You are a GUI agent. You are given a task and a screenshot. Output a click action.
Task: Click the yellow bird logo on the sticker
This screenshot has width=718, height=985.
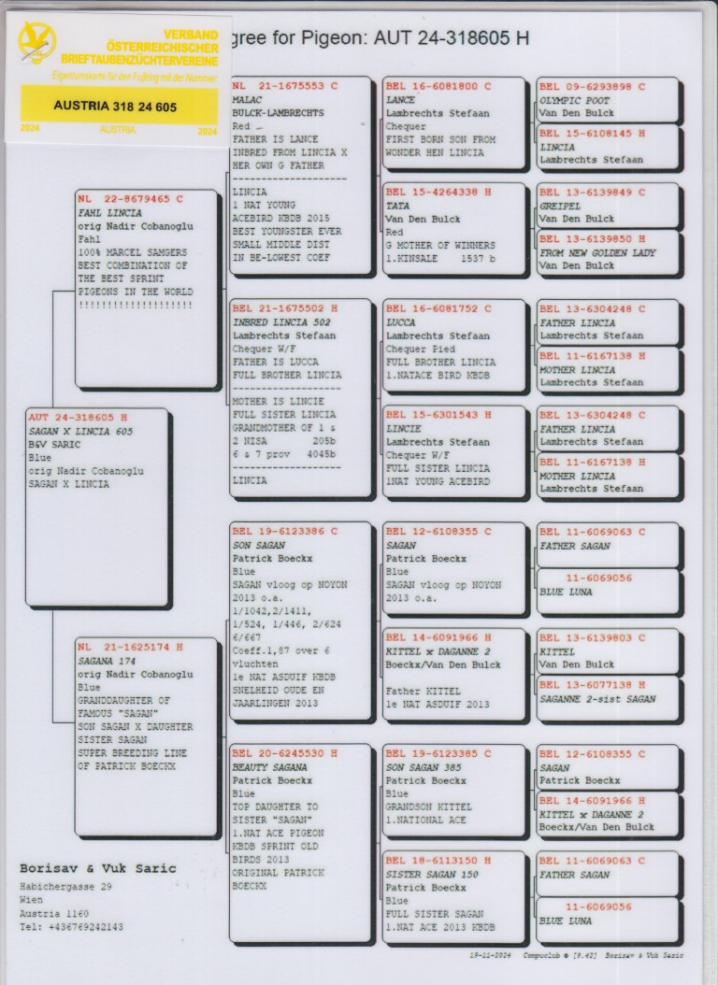point(36,42)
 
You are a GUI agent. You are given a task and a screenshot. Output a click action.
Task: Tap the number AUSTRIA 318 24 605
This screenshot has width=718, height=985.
point(115,107)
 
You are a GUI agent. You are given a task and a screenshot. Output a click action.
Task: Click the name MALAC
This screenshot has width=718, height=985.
point(248,99)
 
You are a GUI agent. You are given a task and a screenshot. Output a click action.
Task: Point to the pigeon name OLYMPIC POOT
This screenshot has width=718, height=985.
point(574,100)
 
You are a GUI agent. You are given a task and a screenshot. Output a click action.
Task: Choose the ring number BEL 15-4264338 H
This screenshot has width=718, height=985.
point(438,193)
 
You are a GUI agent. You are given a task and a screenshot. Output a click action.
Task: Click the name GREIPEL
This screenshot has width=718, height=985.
point(560,206)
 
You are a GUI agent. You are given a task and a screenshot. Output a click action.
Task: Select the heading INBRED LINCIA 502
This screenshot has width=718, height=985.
point(275,321)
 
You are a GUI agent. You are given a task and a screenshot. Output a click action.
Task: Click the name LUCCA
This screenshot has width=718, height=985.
point(400,321)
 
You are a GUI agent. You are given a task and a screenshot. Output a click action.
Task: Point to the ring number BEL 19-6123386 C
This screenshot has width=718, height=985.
point(284,532)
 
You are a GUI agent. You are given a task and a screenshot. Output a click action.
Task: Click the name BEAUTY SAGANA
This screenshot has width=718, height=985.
point(269,766)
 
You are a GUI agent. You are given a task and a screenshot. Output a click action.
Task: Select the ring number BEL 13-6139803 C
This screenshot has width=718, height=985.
point(592,638)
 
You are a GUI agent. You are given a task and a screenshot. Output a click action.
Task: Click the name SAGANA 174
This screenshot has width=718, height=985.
point(107,660)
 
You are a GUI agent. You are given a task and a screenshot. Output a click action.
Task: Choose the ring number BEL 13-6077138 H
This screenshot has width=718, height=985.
point(592,685)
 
